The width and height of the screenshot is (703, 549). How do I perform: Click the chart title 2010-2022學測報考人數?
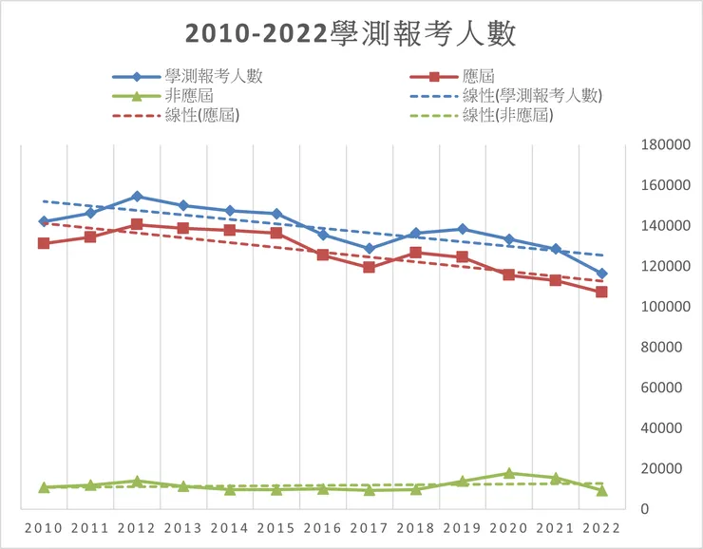(351, 34)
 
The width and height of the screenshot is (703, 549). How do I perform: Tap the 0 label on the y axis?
(643, 509)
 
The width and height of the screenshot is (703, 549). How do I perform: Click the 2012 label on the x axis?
(136, 528)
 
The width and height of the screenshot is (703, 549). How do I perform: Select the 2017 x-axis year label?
(369, 528)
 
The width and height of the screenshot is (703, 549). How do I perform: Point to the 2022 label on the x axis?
(600, 528)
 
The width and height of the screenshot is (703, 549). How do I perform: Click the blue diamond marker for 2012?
(137, 197)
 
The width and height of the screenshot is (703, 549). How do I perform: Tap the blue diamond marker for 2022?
(601, 274)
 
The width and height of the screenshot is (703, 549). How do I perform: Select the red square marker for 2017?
(369, 267)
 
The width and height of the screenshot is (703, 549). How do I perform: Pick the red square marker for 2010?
(44, 243)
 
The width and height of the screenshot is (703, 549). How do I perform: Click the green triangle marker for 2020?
(508, 473)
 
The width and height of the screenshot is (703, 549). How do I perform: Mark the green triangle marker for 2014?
(230, 489)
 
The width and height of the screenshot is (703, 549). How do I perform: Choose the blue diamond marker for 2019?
(462, 229)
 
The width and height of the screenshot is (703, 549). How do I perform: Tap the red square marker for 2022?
(601, 292)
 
